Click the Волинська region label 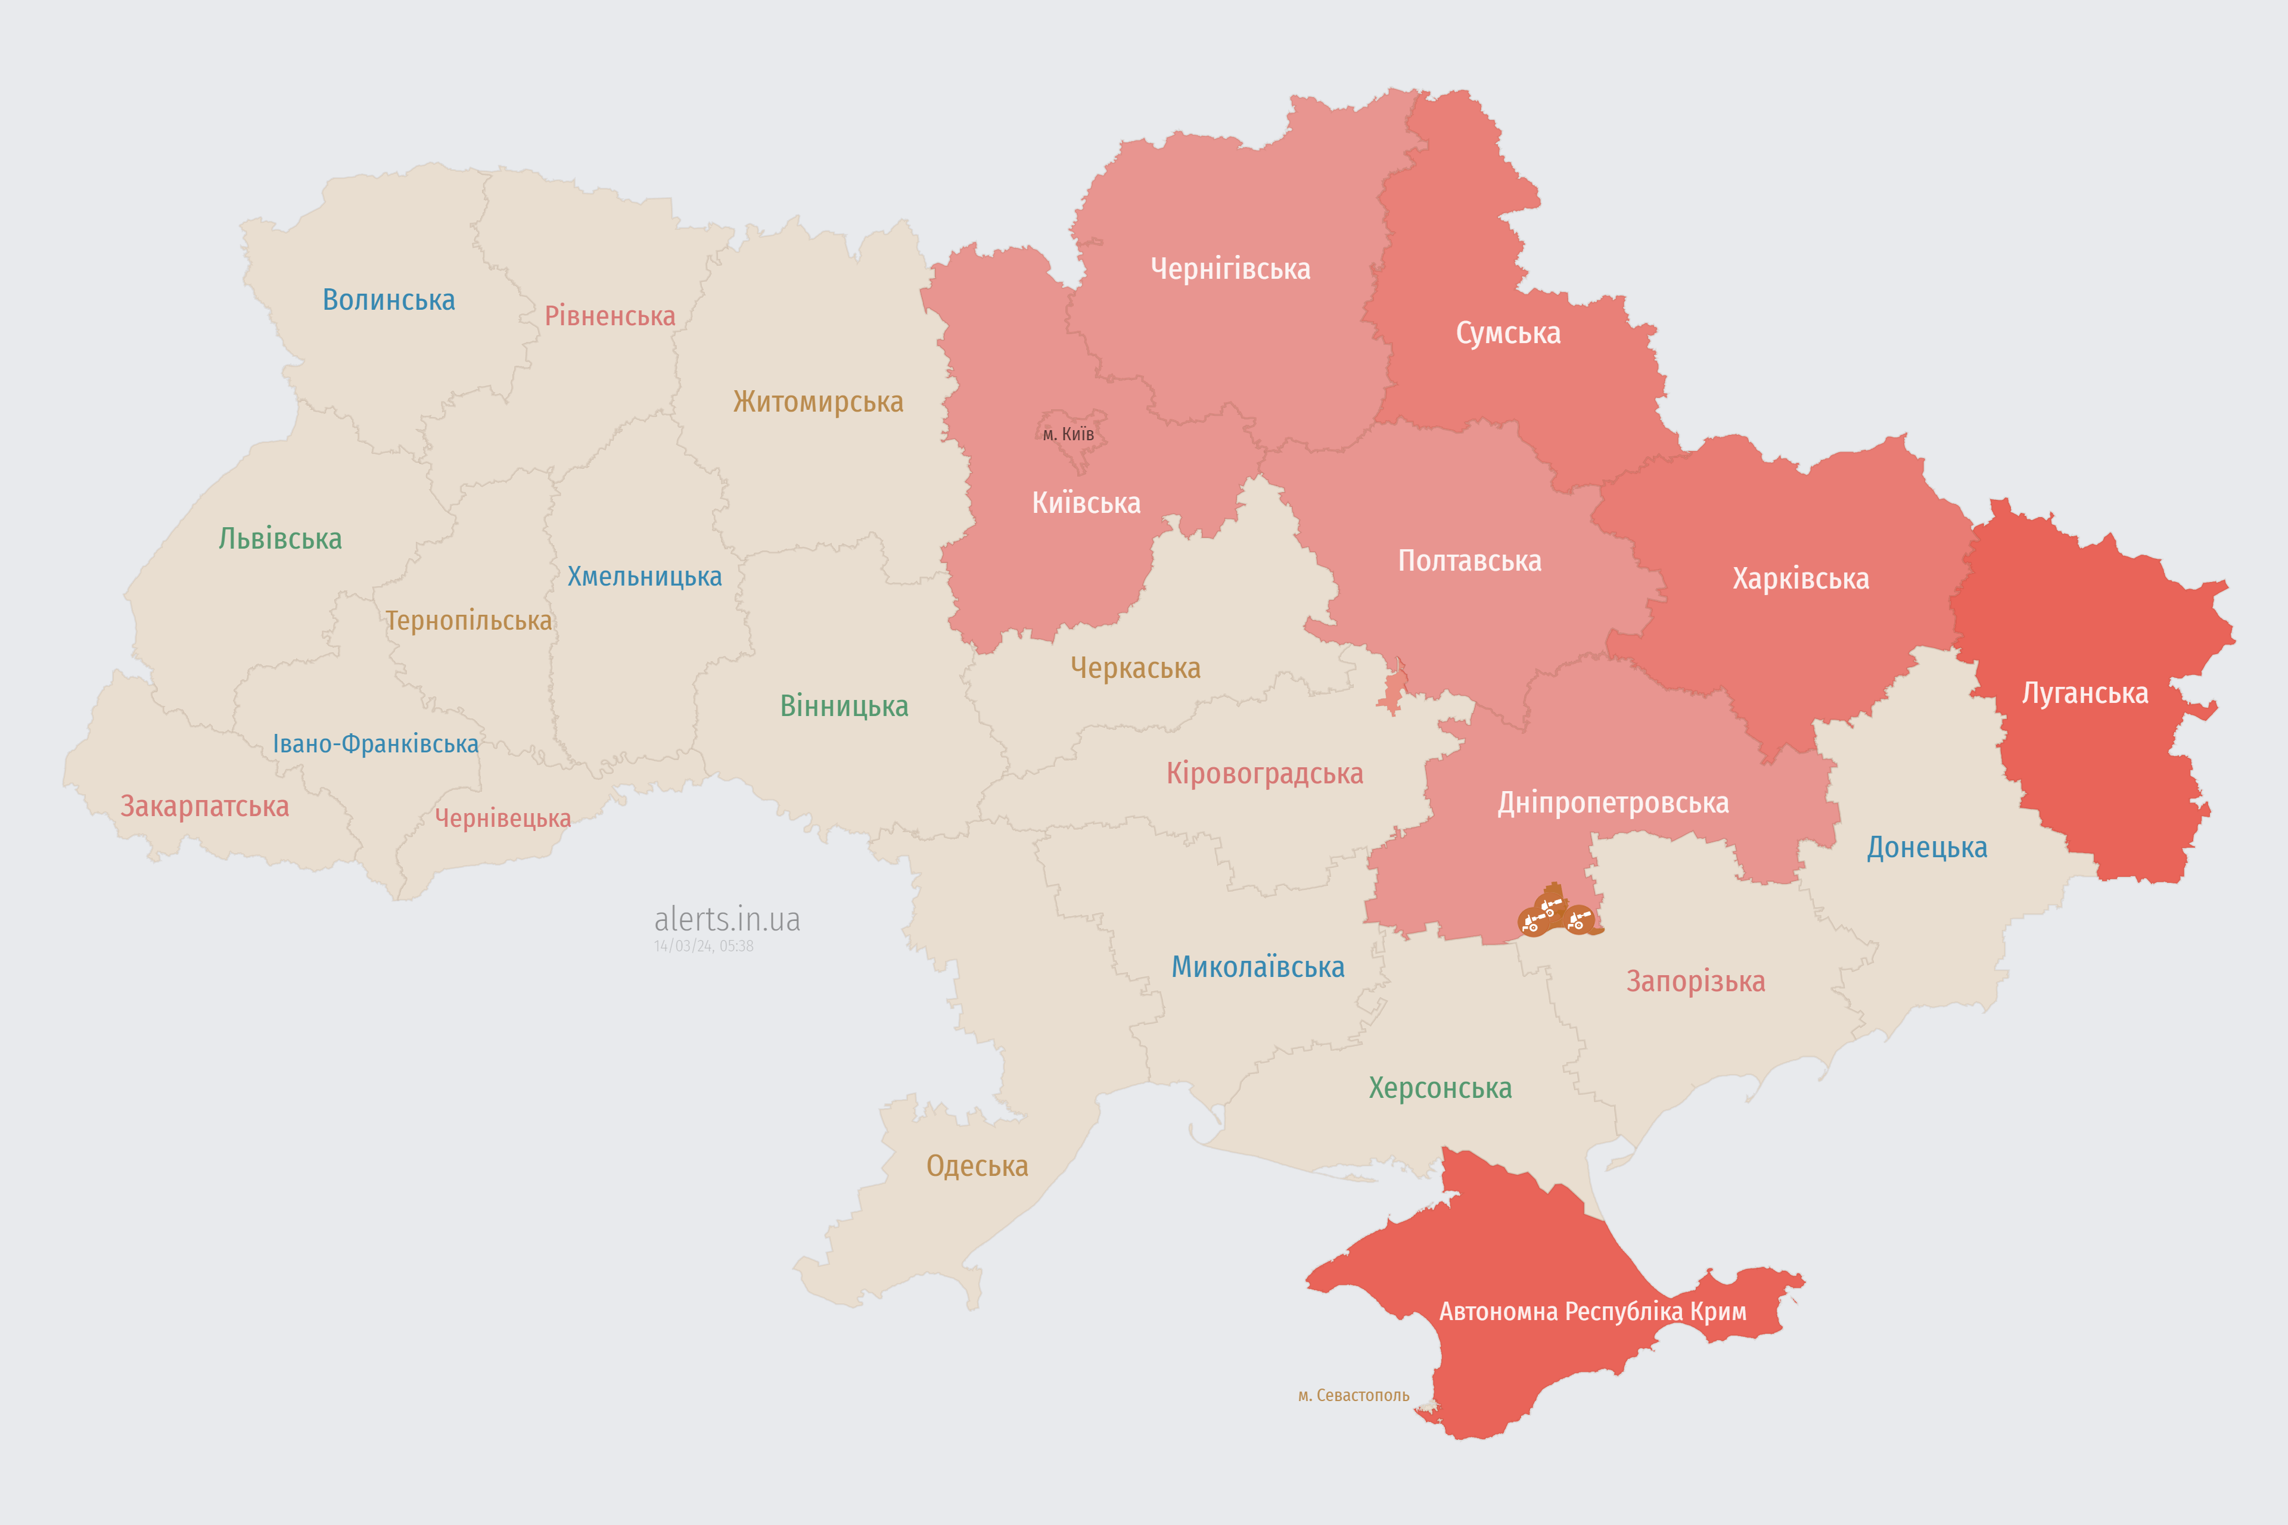(x=388, y=300)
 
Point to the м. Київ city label (x=1068, y=434)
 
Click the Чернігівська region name (x=1230, y=269)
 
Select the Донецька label (x=1926, y=847)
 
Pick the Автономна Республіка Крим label (x=1593, y=1311)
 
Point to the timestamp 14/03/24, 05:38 (x=703, y=945)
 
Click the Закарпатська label (x=204, y=806)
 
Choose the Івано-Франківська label (x=375, y=744)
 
